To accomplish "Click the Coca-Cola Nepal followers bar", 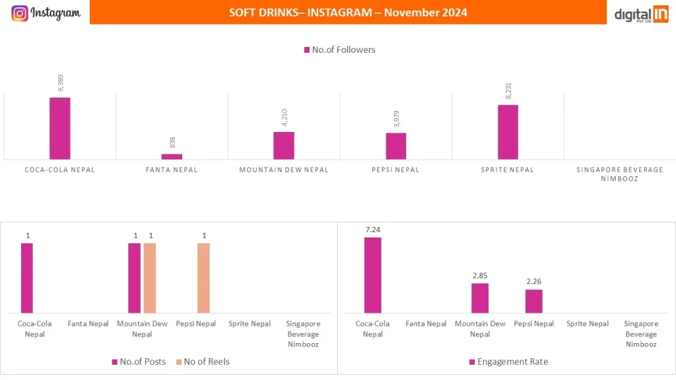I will pos(60,128).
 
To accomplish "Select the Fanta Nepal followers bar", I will pos(172,156).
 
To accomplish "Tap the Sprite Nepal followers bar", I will pos(508,132).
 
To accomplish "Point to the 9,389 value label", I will pos(60,84).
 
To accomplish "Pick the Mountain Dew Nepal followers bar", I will pos(284,145).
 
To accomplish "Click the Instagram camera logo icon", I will pos(20,13).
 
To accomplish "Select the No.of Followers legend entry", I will pos(339,49).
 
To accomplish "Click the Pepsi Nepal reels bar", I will pos(203,278).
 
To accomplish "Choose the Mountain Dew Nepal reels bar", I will pos(150,278).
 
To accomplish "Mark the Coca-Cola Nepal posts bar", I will pos(26,278).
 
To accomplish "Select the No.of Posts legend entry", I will pos(138,362).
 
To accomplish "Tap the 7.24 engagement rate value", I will pos(372,230).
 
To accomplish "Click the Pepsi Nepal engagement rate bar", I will pos(533,301).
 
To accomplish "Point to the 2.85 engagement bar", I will pos(480,298).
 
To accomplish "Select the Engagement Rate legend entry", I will pos(508,362).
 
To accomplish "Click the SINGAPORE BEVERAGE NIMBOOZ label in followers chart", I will pos(619,174).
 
